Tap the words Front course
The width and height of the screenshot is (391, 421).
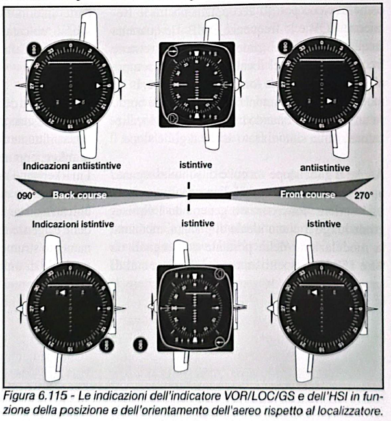coord(308,194)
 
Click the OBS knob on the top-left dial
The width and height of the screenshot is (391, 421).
coord(31,48)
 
